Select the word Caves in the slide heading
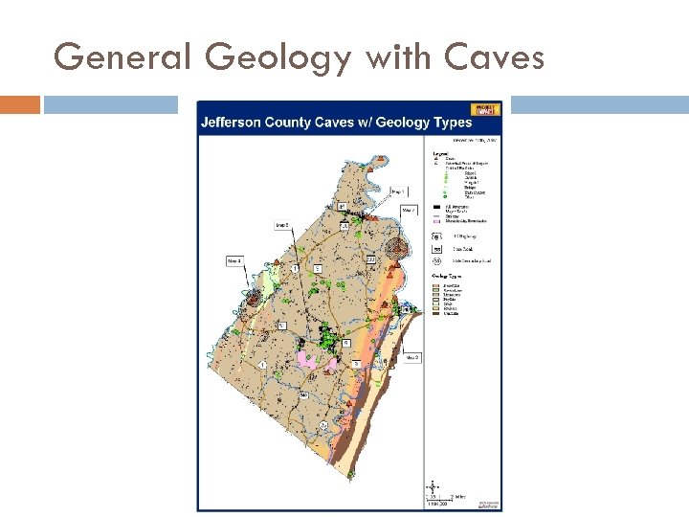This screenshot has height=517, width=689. [x=495, y=57]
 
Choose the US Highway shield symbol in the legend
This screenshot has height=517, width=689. [x=435, y=235]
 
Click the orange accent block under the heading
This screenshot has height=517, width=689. [x=20, y=104]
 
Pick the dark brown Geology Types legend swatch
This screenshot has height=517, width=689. [x=435, y=314]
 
